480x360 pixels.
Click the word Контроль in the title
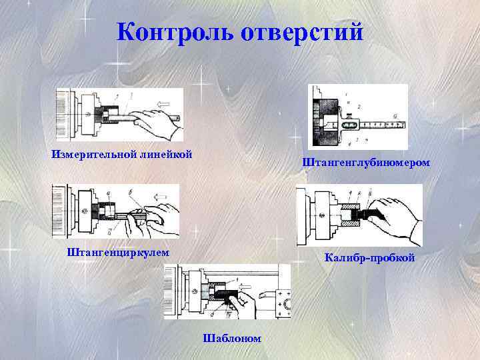pos(175,31)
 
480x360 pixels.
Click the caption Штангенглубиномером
pos(366,162)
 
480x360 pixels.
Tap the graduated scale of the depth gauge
pos(383,124)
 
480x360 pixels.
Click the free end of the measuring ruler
pos(178,119)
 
